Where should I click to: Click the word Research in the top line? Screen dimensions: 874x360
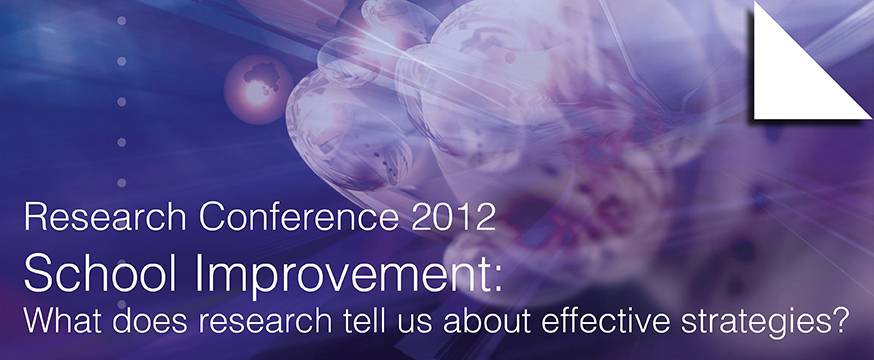coord(105,217)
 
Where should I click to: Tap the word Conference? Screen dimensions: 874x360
coord(299,217)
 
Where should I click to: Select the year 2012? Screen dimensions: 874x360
coord(453,217)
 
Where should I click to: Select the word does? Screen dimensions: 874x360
coord(147,322)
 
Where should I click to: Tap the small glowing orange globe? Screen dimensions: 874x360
coord(258,89)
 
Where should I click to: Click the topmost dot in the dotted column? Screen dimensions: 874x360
coord(122,21)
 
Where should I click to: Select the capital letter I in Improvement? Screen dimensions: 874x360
coord(198,273)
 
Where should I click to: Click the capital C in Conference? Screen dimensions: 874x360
coord(212,217)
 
